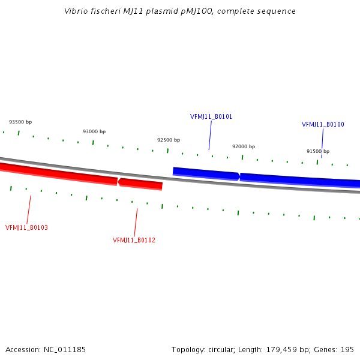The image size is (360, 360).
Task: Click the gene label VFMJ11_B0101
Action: click(211, 116)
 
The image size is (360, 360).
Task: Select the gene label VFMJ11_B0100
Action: click(323, 124)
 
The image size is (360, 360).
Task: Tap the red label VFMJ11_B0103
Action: click(26, 227)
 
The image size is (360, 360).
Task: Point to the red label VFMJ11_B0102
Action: click(134, 240)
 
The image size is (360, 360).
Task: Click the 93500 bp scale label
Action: click(20, 122)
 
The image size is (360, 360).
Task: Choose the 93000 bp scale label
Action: click(94, 131)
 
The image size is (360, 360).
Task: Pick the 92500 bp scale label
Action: click(169, 140)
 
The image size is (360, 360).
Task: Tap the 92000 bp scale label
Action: click(244, 146)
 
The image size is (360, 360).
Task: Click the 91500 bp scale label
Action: click(318, 151)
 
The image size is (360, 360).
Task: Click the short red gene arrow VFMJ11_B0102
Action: click(140, 184)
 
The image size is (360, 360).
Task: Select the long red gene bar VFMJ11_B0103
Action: click(59, 174)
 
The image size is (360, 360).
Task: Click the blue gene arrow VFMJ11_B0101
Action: click(206, 174)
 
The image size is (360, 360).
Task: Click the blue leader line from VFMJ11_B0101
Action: click(210, 136)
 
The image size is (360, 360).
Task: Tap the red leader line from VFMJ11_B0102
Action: click(136, 223)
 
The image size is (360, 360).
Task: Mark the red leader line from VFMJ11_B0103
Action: click(29, 209)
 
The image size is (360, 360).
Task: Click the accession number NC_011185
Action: click(65, 350)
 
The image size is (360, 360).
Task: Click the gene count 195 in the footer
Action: click(347, 350)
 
